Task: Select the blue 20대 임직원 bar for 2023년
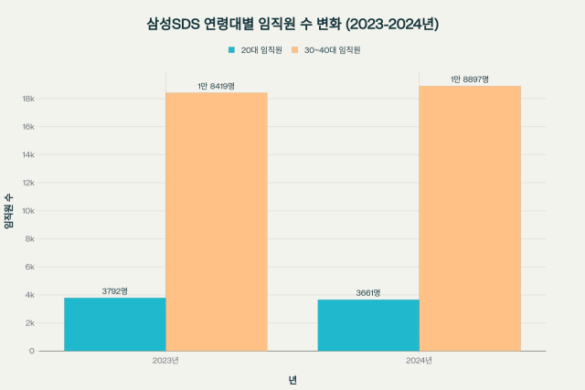[x=114, y=324]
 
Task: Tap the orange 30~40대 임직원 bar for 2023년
[x=217, y=221]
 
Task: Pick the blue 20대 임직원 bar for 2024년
[x=368, y=325]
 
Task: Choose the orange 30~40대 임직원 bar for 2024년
[x=470, y=218]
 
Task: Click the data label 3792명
[x=114, y=291]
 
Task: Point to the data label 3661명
[x=368, y=293]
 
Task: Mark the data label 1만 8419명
[x=217, y=86]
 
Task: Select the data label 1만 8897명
[x=470, y=79]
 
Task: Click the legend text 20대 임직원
[x=261, y=49]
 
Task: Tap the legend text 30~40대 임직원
[x=332, y=49]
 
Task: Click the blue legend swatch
[x=231, y=49]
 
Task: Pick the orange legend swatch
[x=294, y=49]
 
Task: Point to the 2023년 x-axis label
[x=165, y=361]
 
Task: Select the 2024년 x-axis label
[x=420, y=361]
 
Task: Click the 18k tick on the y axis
[x=28, y=99]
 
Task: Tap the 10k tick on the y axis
[x=28, y=211]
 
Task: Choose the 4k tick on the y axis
[x=30, y=295]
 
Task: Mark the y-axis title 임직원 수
[x=8, y=211]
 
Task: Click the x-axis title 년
[x=292, y=379]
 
